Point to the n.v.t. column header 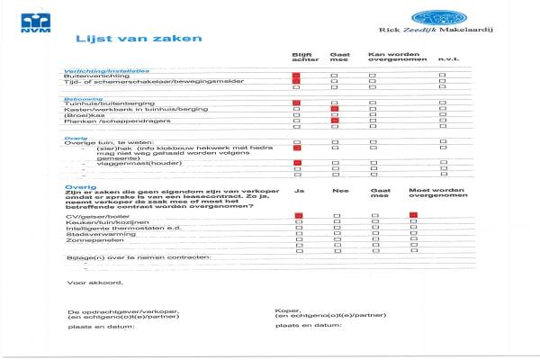(447, 60)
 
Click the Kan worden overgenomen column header (390, 58)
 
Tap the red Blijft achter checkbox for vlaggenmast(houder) (296, 163)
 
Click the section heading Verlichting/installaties (105, 70)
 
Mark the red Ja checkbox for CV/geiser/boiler (297, 216)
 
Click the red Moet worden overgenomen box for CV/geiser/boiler (413, 215)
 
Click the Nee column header (339, 192)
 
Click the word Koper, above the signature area (285, 310)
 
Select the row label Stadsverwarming (93, 237)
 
